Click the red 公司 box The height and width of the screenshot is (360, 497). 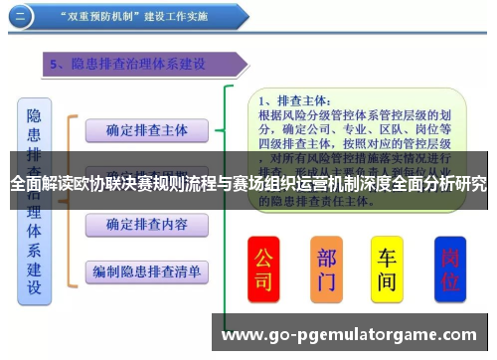263,270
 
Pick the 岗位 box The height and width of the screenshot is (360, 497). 449,270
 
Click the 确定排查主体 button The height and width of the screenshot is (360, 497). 146,129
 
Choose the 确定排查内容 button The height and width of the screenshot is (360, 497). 146,224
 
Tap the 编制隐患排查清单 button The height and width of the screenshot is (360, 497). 146,270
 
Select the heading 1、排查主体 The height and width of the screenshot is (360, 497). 294,100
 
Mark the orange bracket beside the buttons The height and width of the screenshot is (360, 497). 71,199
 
